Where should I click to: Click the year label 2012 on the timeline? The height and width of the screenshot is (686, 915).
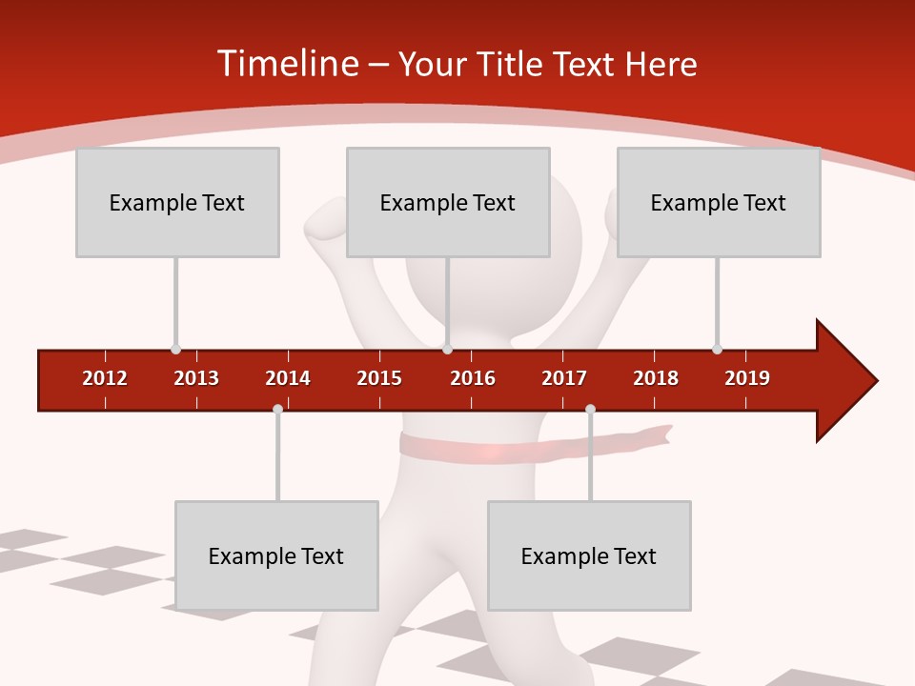(x=105, y=378)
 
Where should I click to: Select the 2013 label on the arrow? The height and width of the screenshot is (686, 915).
(x=196, y=378)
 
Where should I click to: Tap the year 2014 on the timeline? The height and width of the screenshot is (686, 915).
(x=288, y=378)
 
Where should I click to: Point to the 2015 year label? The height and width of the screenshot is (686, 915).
(x=379, y=378)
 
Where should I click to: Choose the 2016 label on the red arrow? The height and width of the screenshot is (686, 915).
(x=473, y=378)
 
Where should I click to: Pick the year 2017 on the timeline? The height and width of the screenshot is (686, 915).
(x=564, y=378)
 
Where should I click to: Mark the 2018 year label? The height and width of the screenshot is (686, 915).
(x=656, y=378)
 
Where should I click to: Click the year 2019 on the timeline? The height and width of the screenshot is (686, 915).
(x=747, y=378)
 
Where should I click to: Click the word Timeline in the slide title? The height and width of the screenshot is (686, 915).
(x=287, y=64)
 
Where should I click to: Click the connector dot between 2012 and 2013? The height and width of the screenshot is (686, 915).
(x=175, y=349)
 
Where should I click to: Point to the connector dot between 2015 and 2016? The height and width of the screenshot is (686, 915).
(x=448, y=349)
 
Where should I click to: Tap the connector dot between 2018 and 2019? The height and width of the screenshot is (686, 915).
(x=717, y=349)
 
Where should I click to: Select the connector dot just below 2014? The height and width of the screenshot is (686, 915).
(x=277, y=409)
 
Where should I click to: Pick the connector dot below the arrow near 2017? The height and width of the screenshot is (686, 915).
(x=590, y=409)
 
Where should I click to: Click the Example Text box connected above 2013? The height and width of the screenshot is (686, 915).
(x=177, y=202)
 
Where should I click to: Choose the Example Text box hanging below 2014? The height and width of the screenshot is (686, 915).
(x=276, y=555)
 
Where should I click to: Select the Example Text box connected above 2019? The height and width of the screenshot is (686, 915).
(x=719, y=202)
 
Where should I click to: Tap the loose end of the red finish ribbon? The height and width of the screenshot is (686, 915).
(x=663, y=434)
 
